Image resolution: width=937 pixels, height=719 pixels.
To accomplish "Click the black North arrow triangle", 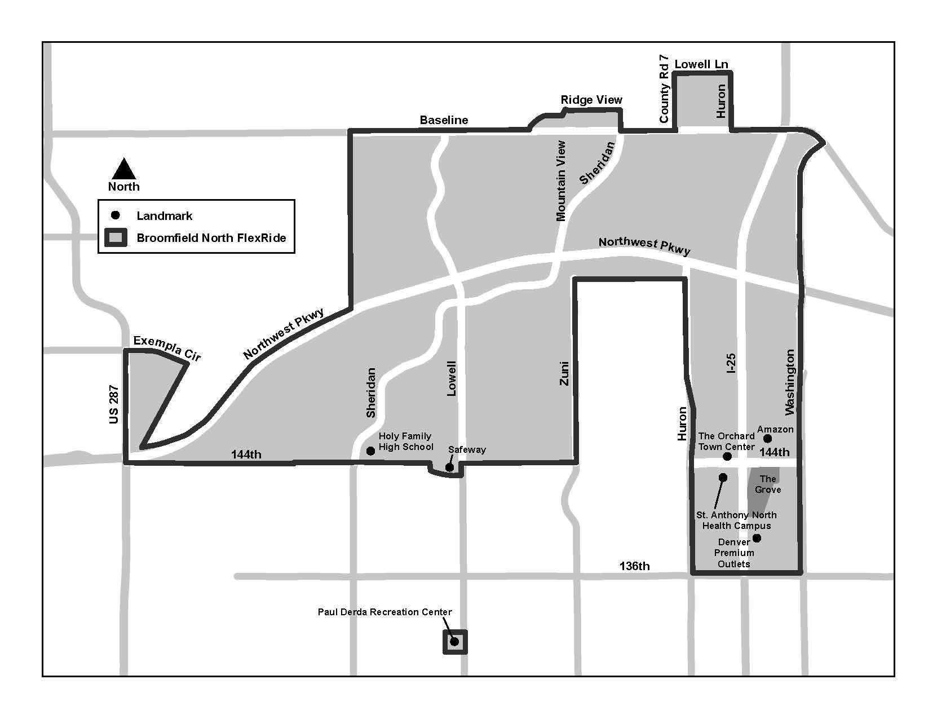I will click(124, 169).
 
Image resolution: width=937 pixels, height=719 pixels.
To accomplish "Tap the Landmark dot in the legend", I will click(116, 215).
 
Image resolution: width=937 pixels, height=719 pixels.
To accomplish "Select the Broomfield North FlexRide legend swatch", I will click(116, 238).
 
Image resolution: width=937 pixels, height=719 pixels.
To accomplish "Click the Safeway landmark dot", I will click(449, 467).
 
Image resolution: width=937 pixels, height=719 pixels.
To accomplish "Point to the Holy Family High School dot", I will click(370, 451).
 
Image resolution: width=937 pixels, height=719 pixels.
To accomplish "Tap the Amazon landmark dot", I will click(767, 439).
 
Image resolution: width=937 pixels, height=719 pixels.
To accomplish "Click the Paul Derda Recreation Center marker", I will click(454, 641).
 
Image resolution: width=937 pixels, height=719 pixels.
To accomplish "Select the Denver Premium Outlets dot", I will click(757, 538).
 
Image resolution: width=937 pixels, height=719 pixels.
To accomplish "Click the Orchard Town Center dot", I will click(727, 456).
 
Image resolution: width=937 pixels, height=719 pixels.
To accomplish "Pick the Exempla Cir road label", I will click(167, 348).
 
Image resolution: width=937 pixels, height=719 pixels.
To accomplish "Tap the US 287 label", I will click(114, 404).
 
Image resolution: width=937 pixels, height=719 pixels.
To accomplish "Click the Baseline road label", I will click(444, 120).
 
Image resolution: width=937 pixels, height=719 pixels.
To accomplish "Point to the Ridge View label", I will click(591, 100).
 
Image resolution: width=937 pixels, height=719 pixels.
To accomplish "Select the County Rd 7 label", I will click(664, 89).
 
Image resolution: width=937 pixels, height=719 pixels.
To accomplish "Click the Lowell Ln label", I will click(701, 64).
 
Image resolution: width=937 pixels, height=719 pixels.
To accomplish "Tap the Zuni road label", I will click(564, 373).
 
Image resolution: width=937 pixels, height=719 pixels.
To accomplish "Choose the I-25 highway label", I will click(731, 364).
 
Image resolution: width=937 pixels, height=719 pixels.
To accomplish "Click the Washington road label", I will click(789, 382).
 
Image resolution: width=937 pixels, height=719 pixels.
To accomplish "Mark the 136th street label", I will click(634, 566).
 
